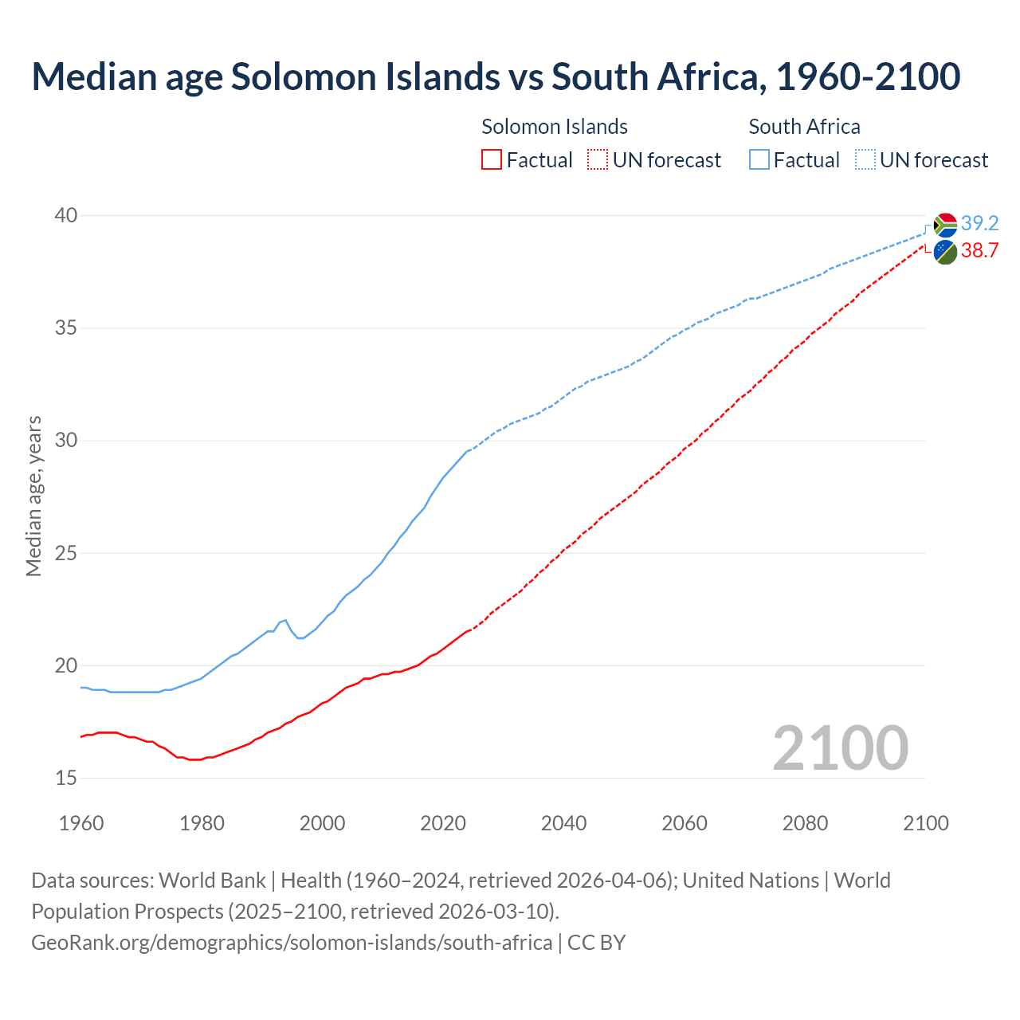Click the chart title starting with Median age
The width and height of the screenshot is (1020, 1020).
[496, 76]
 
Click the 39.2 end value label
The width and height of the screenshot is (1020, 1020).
[979, 223]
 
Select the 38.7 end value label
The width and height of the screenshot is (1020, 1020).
[979, 250]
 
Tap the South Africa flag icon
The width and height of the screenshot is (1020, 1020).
[945, 226]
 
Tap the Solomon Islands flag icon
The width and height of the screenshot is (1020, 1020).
[945, 252]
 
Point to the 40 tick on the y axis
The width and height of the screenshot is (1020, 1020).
[66, 216]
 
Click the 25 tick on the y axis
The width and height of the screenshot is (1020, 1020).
[66, 553]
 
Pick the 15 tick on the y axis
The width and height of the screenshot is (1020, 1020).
[66, 778]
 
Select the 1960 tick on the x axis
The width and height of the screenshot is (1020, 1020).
[81, 823]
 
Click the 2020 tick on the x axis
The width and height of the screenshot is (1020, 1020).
[443, 823]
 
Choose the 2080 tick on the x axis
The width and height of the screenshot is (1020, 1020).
[805, 823]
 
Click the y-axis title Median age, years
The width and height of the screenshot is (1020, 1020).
[33, 496]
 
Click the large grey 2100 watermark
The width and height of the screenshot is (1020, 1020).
[840, 747]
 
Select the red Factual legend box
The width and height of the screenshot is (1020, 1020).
[492, 160]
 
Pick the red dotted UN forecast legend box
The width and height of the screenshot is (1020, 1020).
[598, 160]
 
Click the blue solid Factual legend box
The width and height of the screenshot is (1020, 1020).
[759, 160]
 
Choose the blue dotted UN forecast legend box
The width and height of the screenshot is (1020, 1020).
[865, 160]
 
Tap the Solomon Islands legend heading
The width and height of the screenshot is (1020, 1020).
[555, 127]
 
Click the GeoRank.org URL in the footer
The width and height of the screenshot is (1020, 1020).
[292, 943]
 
